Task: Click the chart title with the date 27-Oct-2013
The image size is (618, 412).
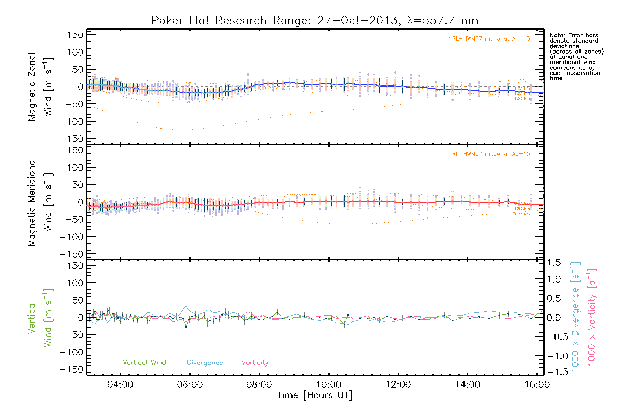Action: point(315,21)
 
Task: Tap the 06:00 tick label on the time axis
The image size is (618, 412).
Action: point(190,385)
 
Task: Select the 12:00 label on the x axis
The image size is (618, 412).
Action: point(398,385)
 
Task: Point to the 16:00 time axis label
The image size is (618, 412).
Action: point(537,385)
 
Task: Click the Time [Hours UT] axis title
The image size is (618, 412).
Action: point(315,395)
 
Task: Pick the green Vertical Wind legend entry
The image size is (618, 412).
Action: point(144,362)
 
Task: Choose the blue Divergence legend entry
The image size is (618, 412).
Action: point(205,362)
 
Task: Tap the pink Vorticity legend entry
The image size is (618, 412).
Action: point(255,362)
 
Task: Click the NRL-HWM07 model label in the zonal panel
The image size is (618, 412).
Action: point(489,39)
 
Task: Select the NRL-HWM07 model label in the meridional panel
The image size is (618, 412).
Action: point(489,154)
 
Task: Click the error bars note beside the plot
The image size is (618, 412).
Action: point(576,57)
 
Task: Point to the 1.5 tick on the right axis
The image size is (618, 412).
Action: point(553,263)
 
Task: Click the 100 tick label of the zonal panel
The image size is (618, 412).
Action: point(76,52)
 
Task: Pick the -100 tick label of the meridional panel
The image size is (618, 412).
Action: point(71,237)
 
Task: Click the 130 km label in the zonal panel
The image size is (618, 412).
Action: point(522,99)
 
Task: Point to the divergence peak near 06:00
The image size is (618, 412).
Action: point(186,306)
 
